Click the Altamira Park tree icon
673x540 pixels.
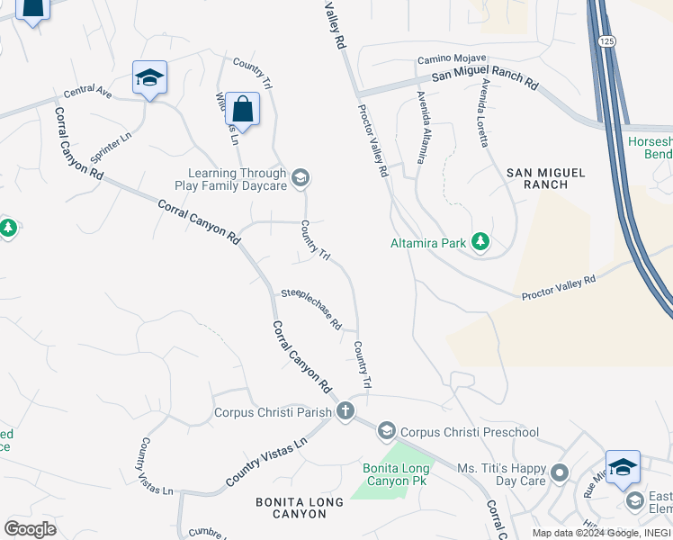pos(480,241)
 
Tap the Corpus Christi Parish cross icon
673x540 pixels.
pos(344,412)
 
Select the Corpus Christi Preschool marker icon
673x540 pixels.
pos(386,431)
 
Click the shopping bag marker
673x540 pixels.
pos(242,109)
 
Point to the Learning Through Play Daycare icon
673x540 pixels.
pos(301,177)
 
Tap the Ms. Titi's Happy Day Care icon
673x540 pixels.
pos(559,472)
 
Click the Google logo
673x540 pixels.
pos(30,528)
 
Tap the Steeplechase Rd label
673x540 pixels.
pos(311,307)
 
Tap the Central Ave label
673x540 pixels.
pos(87,93)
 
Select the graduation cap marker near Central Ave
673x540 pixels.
pos(149,78)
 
